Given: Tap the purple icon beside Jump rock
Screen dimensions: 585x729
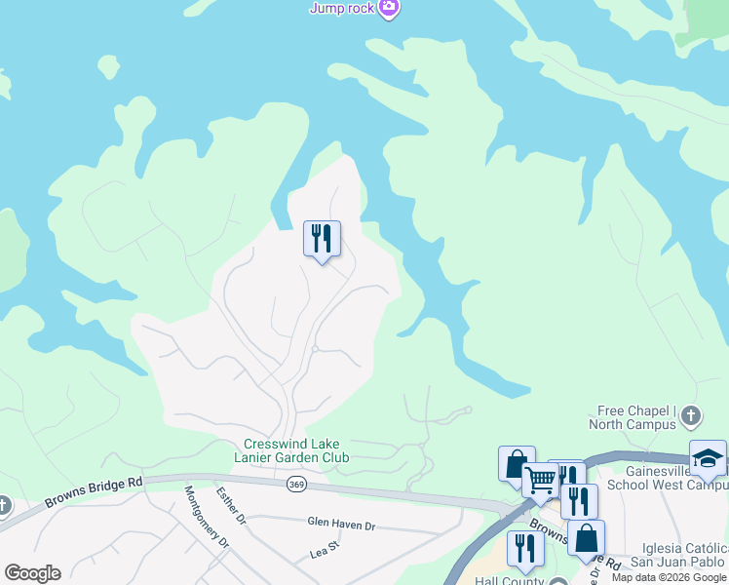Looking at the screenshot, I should (390, 8).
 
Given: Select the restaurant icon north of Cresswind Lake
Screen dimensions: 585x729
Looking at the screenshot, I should (322, 239).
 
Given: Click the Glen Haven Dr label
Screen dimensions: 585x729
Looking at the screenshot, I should (341, 525).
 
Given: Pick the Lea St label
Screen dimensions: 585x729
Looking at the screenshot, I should (324, 551).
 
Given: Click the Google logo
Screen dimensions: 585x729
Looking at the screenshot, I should (32, 573).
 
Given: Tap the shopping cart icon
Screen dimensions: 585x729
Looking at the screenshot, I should (540, 479).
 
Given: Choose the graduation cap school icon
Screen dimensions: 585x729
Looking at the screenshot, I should (708, 457).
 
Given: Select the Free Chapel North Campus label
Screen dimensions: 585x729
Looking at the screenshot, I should (632, 417).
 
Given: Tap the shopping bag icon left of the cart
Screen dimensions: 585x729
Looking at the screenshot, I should (517, 463).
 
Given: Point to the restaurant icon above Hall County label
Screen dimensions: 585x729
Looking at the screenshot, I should (525, 548).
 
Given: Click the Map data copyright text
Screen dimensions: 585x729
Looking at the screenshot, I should (669, 577).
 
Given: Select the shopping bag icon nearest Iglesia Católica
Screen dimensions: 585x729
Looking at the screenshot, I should (586, 537).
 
